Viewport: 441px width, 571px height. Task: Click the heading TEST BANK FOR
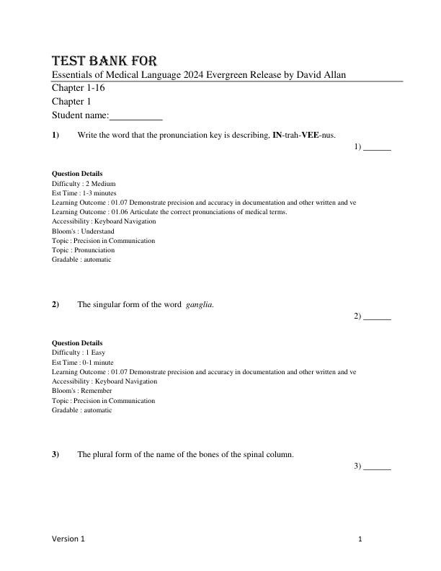tap(104, 61)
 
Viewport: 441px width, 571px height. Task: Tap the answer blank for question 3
tap(377, 466)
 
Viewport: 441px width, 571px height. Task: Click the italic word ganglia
tap(199, 304)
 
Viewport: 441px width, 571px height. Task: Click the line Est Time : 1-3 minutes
tap(84, 193)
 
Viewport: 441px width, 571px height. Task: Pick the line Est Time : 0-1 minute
tap(82, 363)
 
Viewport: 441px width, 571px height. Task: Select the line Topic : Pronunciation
tap(83, 250)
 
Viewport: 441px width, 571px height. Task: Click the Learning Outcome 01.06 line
tap(169, 212)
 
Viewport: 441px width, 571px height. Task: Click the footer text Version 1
tap(68, 539)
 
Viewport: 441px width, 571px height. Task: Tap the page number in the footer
tap(360, 539)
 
